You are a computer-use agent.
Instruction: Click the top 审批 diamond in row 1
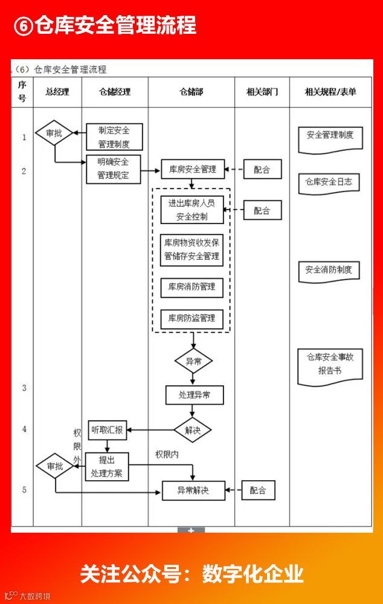(x=54, y=133)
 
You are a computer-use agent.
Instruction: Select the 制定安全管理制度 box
(x=114, y=137)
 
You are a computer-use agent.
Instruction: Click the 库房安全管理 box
(x=192, y=170)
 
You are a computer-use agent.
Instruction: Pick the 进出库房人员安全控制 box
(x=191, y=210)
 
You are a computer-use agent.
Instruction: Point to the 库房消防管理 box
(x=191, y=286)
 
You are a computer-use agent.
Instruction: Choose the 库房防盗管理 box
(x=191, y=318)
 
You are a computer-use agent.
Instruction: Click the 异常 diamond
(x=193, y=362)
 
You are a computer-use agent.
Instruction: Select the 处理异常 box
(x=195, y=395)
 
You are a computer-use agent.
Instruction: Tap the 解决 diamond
(x=193, y=430)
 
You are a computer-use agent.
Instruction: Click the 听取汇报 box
(x=108, y=430)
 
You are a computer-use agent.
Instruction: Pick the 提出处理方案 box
(x=107, y=466)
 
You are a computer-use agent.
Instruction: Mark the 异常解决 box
(x=193, y=490)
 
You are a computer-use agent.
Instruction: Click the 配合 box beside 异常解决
(x=258, y=490)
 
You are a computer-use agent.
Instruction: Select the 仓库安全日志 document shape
(x=329, y=182)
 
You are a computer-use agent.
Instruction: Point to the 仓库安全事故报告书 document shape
(x=330, y=365)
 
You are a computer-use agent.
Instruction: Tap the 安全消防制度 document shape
(x=329, y=271)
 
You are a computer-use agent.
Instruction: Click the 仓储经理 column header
(x=115, y=92)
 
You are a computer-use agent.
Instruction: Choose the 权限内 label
(x=167, y=454)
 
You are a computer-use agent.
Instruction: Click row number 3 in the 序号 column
(x=24, y=388)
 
